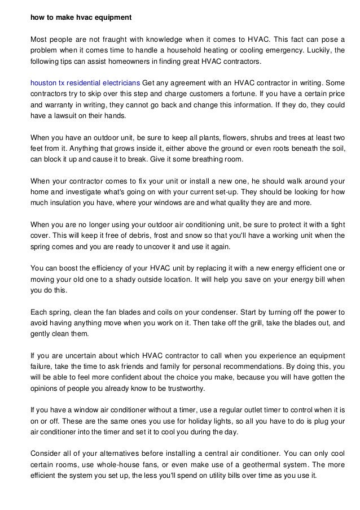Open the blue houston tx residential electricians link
(85, 82)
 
